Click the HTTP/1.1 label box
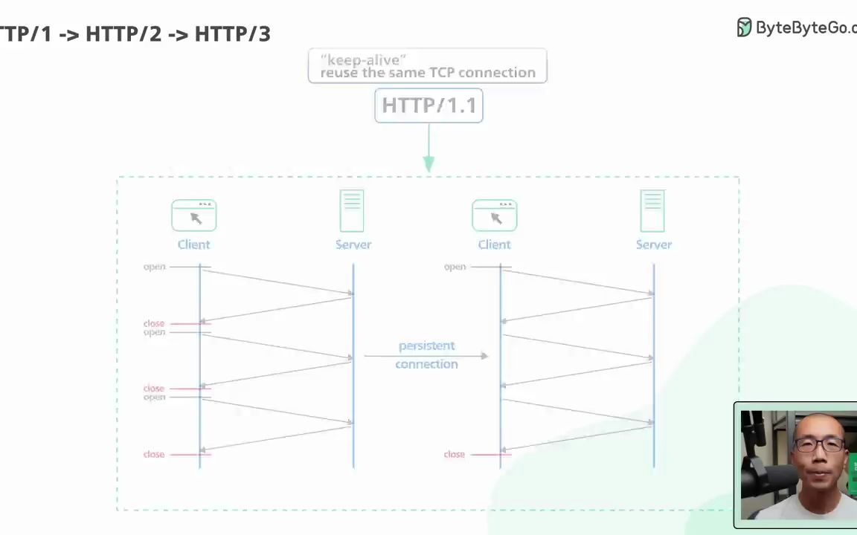click(428, 106)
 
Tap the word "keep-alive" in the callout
click(363, 59)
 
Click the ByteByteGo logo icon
click(744, 27)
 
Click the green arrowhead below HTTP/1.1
click(428, 163)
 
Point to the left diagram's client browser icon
click(194, 215)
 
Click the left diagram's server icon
click(352, 211)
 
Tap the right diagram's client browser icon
click(495, 215)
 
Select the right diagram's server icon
click(652, 211)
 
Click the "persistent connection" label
click(426, 354)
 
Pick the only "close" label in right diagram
click(454, 454)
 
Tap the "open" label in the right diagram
click(455, 267)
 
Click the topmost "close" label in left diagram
click(153, 323)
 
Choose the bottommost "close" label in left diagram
click(153, 454)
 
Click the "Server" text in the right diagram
click(654, 244)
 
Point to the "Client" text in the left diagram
click(193, 244)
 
